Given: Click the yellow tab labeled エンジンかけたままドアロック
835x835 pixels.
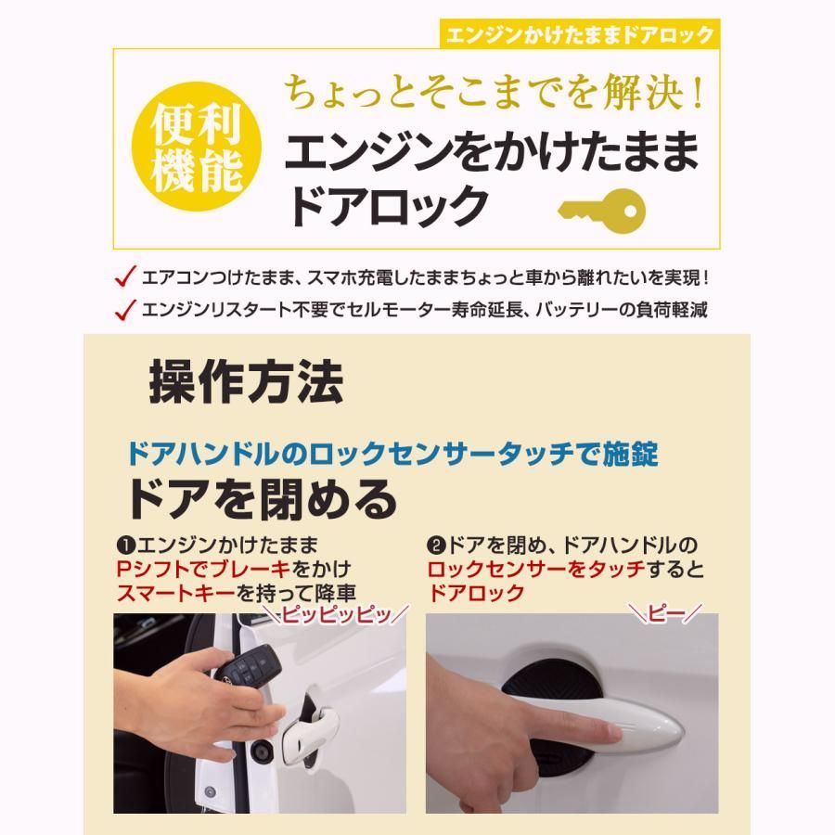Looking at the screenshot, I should (x=579, y=35).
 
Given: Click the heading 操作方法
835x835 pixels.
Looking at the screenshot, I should (x=246, y=381).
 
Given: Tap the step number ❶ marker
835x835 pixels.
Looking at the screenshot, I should (x=123, y=545).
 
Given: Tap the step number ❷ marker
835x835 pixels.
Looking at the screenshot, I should (x=435, y=545).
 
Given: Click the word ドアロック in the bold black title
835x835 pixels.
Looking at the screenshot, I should (x=387, y=206).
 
